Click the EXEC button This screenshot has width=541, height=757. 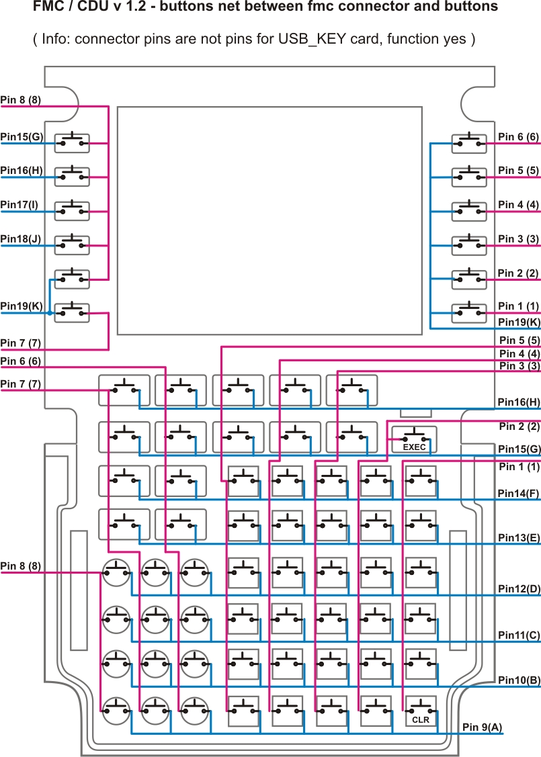[x=414, y=440]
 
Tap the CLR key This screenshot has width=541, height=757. [x=421, y=711]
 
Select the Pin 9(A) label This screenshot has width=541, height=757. [x=482, y=727]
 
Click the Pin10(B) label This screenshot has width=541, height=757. [x=519, y=680]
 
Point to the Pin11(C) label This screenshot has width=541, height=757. [x=519, y=635]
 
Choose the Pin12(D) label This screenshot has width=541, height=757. [x=519, y=589]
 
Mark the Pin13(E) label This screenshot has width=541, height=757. [x=519, y=538]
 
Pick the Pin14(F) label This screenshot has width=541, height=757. [x=519, y=494]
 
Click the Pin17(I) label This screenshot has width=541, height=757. [x=19, y=205]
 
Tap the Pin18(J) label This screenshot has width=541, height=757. [x=21, y=239]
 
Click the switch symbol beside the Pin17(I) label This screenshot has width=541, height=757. [x=72, y=210]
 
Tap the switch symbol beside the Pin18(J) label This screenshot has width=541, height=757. [x=72, y=244]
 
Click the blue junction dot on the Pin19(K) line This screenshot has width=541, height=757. [x=50, y=313]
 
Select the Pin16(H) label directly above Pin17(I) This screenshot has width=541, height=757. [x=22, y=171]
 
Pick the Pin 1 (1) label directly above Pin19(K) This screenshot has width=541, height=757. [x=519, y=306]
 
